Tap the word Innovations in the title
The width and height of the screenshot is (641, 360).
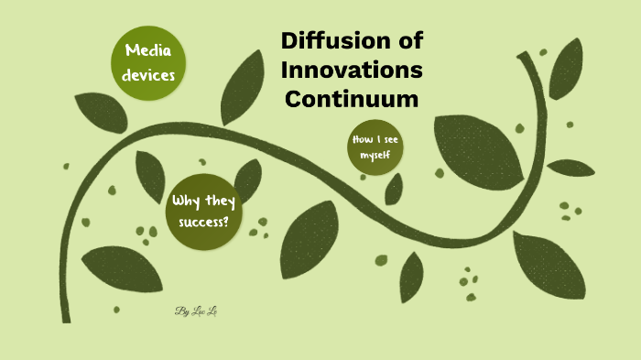[352, 70]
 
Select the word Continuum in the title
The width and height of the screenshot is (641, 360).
[352, 98]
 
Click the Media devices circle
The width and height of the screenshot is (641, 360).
[149, 61]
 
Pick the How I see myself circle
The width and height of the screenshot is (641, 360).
[375, 148]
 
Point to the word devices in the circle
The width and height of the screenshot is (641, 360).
[149, 74]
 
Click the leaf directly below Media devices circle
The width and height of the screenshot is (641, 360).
[101, 112]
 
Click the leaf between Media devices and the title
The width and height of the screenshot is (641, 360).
[242, 86]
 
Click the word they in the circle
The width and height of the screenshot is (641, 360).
[218, 201]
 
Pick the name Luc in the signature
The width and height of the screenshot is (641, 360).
[195, 311]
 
